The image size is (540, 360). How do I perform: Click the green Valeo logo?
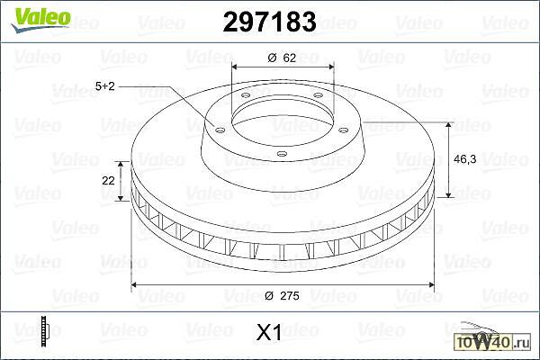pyautogui.click(x=40, y=19)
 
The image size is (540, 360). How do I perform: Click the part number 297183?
pyautogui.click(x=269, y=22)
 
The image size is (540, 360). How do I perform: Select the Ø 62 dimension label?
pyautogui.click(x=282, y=58)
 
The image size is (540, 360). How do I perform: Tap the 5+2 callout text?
pyautogui.click(x=104, y=86)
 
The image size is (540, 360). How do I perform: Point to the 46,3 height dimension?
pyautogui.click(x=465, y=159)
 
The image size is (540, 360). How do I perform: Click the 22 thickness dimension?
pyautogui.click(x=108, y=180)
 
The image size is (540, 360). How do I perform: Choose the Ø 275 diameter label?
pyautogui.click(x=282, y=295)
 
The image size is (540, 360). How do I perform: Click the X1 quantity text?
pyautogui.click(x=269, y=332)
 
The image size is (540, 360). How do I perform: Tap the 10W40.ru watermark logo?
pyautogui.click(x=493, y=337)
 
